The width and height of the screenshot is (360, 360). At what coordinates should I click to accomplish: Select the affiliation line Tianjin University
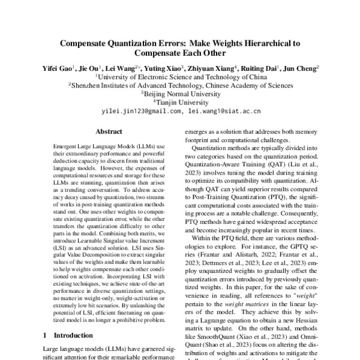point(180,102)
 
